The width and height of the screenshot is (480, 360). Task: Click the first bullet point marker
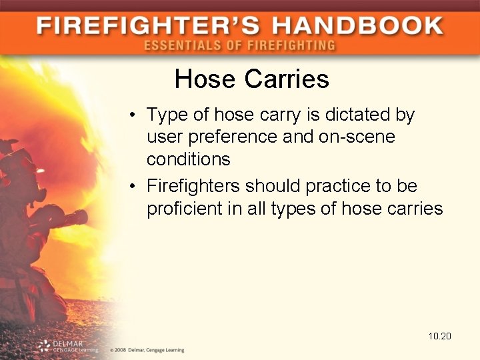[134, 115]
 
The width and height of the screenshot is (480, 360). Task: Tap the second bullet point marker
[134, 185]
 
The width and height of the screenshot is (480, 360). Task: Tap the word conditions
[189, 160]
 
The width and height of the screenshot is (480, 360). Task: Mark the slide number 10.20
[440, 336]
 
